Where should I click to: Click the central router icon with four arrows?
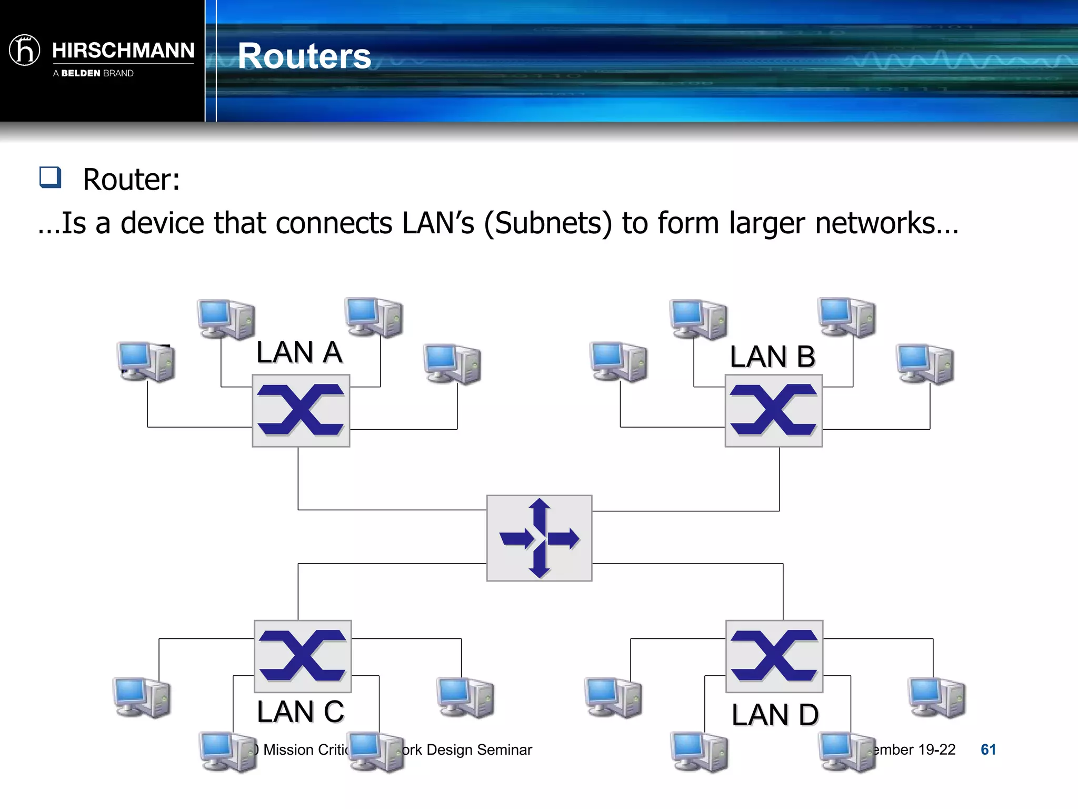point(539,538)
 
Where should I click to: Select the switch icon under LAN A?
point(301,410)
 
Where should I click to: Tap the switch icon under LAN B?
point(773,410)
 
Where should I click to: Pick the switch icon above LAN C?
point(303,656)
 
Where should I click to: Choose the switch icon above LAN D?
point(774,656)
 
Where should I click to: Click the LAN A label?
point(299,352)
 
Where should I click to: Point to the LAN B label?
point(772,357)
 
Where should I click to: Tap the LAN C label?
point(300,712)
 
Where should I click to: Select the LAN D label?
point(775,715)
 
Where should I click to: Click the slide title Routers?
point(304,56)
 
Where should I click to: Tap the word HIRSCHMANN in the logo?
point(123,51)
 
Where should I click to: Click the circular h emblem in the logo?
point(25,50)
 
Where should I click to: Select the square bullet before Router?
point(51,177)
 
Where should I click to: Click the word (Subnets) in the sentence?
point(548,223)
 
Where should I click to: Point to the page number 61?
point(988,749)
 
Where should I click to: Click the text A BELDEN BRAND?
point(93,73)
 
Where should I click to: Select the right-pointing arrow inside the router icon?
point(564,538)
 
